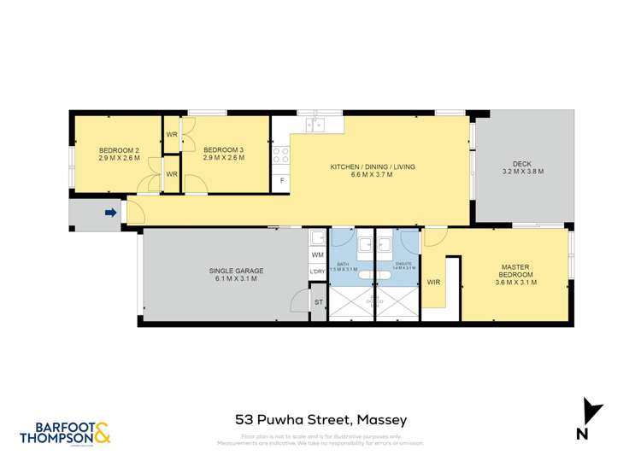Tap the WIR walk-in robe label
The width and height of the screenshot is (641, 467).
tap(433, 282)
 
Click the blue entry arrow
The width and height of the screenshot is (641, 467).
tap(110, 213)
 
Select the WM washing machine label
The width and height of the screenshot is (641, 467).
tap(317, 254)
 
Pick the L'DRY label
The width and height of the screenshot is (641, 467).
tap(317, 272)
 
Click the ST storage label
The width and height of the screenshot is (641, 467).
tap(318, 301)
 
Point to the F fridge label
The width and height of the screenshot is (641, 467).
tap(281, 181)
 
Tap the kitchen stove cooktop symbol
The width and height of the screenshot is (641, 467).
tap(280, 155)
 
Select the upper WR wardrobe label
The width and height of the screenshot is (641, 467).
tap(171, 135)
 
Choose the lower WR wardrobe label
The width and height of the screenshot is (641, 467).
tap(171, 175)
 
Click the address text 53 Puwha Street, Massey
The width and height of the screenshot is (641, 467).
tap(320, 420)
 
